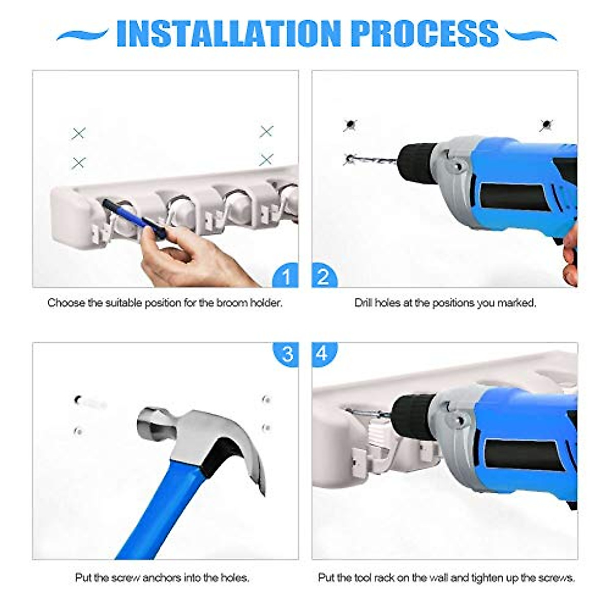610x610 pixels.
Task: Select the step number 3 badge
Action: click(286, 353)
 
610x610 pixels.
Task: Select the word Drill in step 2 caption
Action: click(363, 303)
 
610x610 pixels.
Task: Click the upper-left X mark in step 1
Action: click(78, 134)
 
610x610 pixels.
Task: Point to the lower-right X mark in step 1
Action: click(266, 160)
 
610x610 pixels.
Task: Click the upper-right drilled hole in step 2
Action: click(546, 124)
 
